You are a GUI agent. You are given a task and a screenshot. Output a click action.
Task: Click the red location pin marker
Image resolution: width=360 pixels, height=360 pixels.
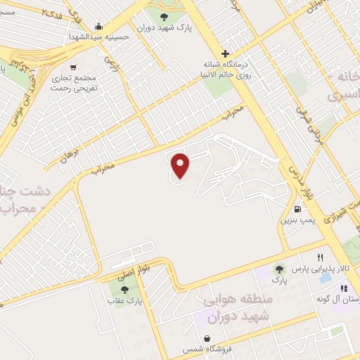(181, 165)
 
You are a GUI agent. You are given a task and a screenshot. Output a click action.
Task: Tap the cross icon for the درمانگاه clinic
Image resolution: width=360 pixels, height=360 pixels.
(224, 53)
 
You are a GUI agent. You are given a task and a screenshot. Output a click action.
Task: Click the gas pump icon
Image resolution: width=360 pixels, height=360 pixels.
(298, 209)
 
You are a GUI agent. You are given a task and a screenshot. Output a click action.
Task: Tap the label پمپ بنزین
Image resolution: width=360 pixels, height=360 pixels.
(296, 221)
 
